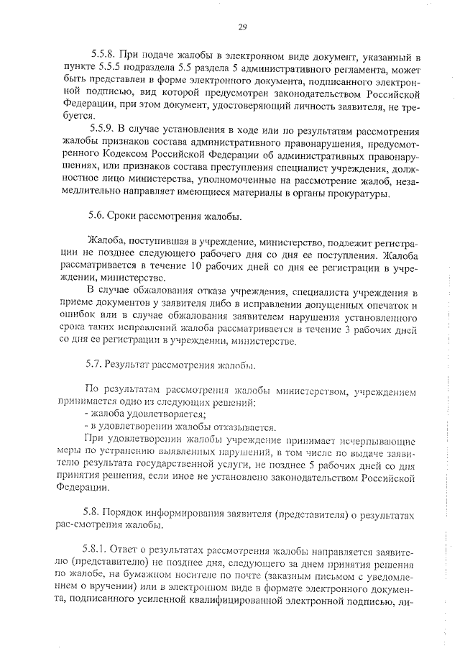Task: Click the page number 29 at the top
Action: point(242,28)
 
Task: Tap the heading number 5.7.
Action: point(95,364)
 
